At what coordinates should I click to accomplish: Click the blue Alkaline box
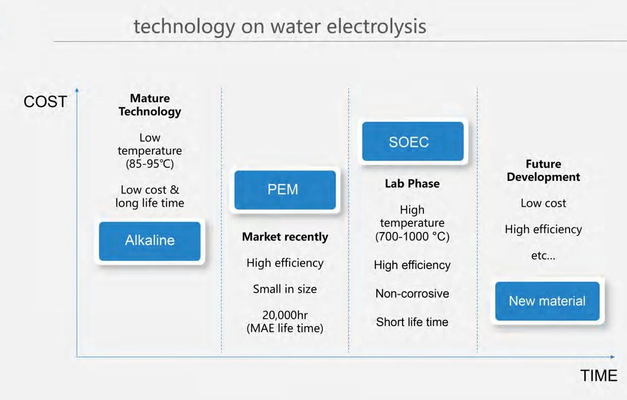pos(150,241)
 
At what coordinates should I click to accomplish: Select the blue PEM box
pos(285,190)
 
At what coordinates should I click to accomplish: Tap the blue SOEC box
pos(413,142)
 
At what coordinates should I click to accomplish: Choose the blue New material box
pos(547,301)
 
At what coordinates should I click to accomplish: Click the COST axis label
pos(45,102)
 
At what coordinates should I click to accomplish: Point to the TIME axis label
pos(599,375)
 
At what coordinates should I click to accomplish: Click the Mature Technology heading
pos(150,105)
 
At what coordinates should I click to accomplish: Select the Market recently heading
pos(285,237)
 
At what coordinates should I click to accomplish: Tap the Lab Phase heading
pos(412,183)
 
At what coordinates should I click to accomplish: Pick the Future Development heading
pos(543,171)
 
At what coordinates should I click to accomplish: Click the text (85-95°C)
pos(150,164)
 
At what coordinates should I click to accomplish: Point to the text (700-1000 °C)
pos(412,236)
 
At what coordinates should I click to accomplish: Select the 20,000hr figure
pos(285,315)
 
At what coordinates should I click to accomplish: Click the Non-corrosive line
pos(412,293)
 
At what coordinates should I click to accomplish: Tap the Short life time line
pos(412,322)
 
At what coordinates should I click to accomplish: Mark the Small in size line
pos(285,289)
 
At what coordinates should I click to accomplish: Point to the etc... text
pos(543,256)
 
